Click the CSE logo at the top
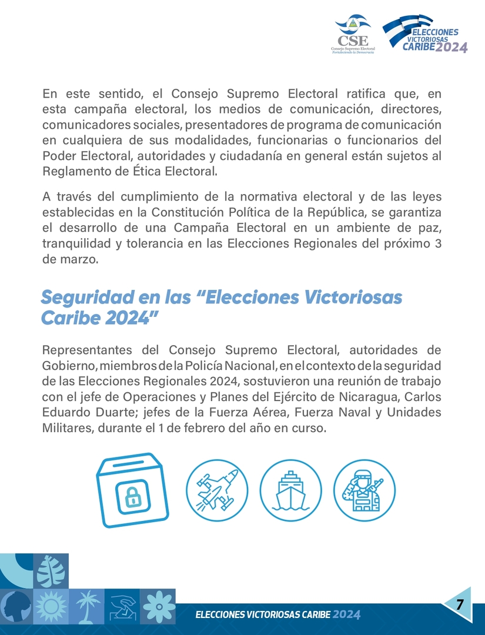(353, 34)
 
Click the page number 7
(460, 604)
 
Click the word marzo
(78, 259)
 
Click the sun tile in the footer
(52, 606)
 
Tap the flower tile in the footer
(157, 606)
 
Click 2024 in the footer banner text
(347, 615)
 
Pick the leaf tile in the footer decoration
(51, 570)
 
